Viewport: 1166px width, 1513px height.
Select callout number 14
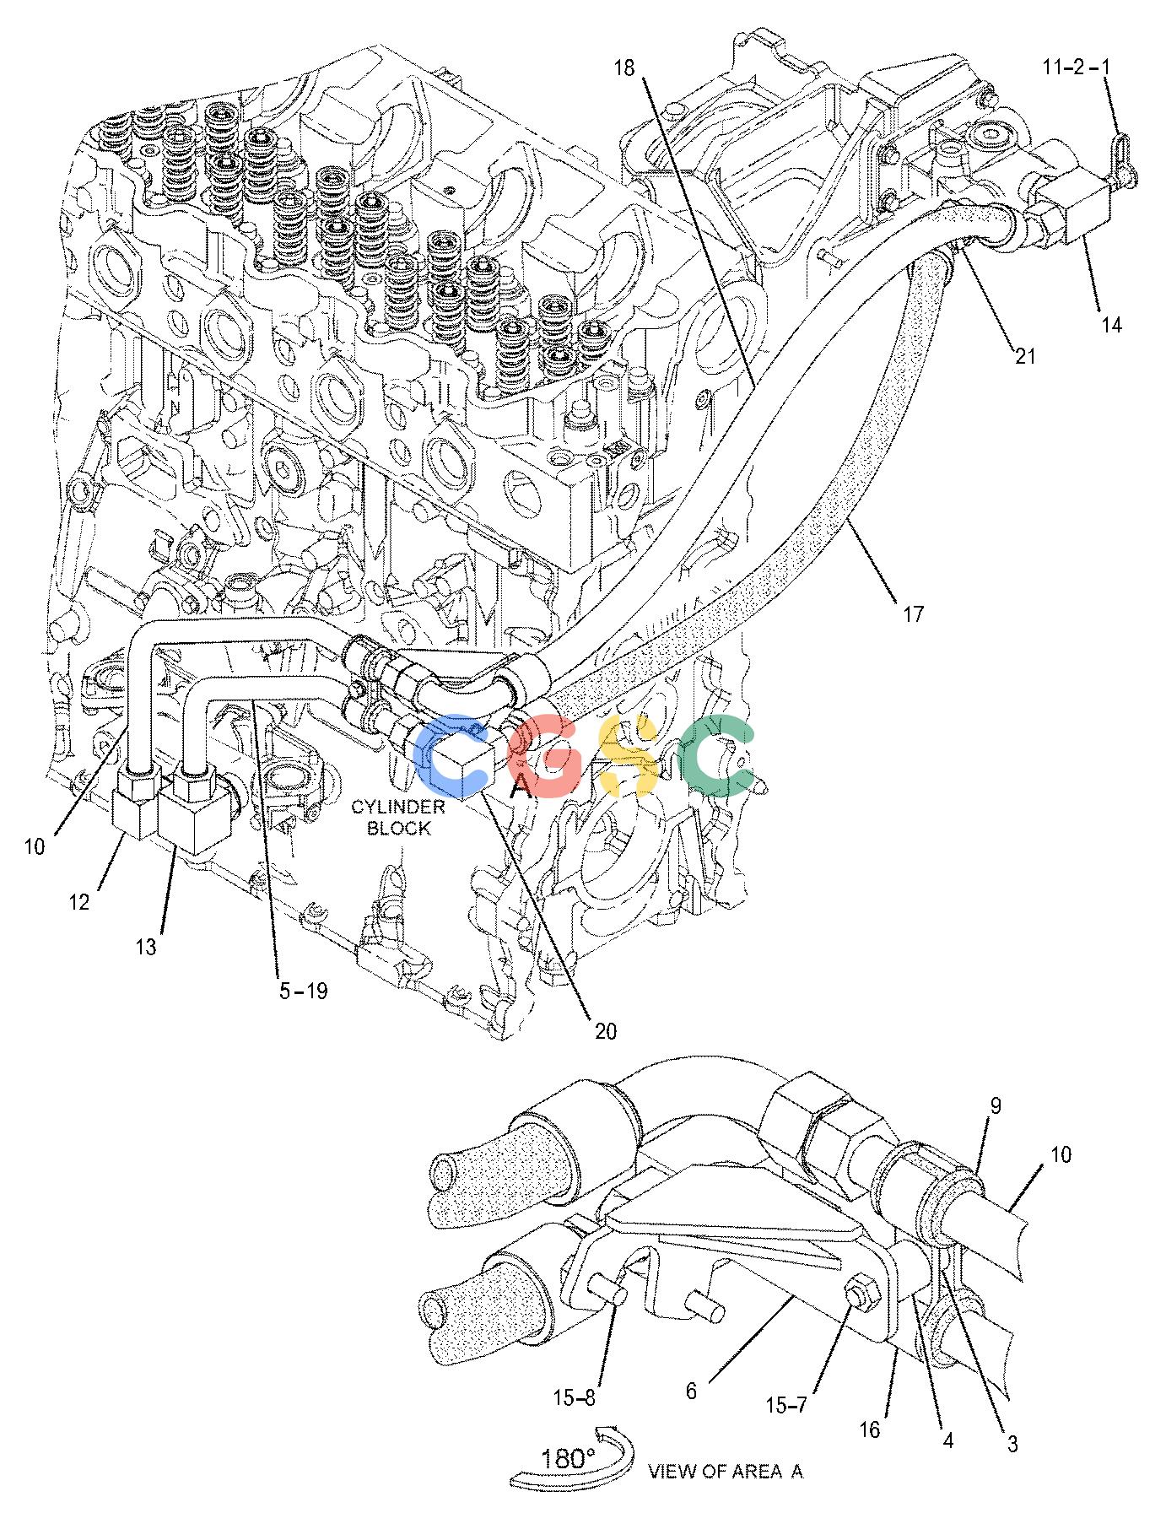pyautogui.click(x=1111, y=324)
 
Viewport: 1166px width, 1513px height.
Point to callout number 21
pyautogui.click(x=1025, y=356)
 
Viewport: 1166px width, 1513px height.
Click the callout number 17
pyautogui.click(x=913, y=613)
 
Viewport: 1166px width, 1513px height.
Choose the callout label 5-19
pyautogui.click(x=303, y=990)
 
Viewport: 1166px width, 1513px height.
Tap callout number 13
pyautogui.click(x=146, y=947)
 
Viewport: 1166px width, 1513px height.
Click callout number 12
pyautogui.click(x=78, y=902)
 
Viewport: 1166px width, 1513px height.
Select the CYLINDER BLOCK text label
pyautogui.click(x=398, y=818)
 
